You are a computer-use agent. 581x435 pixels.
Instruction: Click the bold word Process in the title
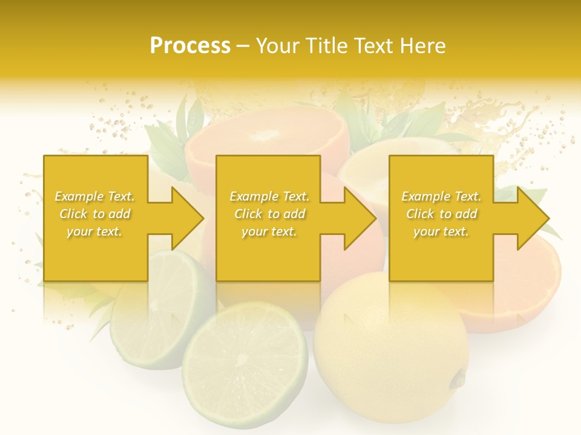point(190,46)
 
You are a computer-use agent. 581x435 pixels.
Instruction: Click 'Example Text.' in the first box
point(94,196)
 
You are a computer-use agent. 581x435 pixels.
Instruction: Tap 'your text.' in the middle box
point(269,231)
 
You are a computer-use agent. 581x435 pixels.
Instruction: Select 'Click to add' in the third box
point(441,214)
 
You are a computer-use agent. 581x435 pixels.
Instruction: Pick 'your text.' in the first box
point(94,231)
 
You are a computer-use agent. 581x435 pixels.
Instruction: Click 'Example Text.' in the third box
point(441,196)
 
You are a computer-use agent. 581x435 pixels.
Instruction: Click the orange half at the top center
point(266,145)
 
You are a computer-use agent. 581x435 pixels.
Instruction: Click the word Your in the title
point(279,46)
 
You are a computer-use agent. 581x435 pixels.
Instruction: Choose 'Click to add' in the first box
point(94,214)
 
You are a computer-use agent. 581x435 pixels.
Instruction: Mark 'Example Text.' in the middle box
point(269,196)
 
